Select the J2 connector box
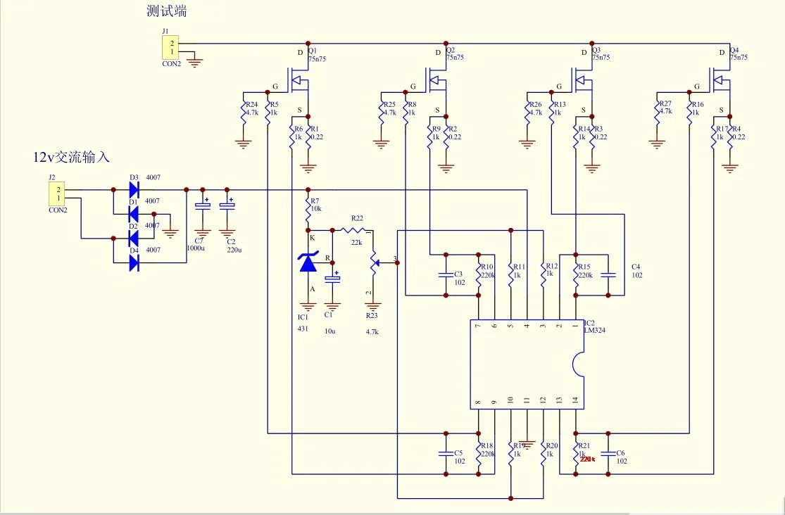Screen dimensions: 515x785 [58, 193]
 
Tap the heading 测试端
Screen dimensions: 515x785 [167, 12]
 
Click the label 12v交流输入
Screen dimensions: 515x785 [71, 157]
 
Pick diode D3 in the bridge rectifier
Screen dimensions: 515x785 [132, 190]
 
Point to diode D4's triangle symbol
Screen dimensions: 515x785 [132, 262]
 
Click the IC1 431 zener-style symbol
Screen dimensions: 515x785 [308, 262]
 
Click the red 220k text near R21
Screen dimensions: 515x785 [588, 459]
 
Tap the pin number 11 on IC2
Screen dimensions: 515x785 [527, 400]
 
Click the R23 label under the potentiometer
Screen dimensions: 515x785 [372, 315]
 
